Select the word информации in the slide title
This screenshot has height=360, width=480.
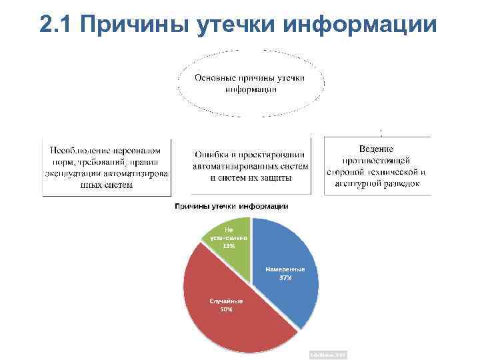point(360,24)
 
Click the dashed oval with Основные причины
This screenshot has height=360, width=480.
point(250,84)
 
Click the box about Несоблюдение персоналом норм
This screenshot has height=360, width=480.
point(107,167)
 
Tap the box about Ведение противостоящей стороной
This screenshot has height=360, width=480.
point(377,166)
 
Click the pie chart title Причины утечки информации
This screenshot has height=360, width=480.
point(231,206)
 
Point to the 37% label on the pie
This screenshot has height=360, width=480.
point(285,278)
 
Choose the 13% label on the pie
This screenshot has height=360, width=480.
point(229,245)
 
